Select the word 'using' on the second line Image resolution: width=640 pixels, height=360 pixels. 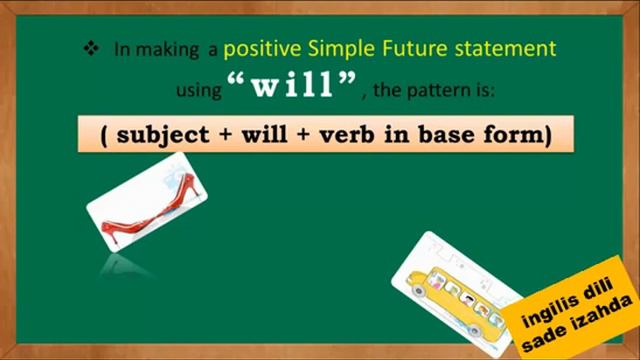pyautogui.click(x=198, y=91)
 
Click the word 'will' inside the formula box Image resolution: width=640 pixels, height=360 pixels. pyautogui.click(x=262, y=134)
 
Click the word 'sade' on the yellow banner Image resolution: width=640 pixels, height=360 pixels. pyautogui.click(x=546, y=342)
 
